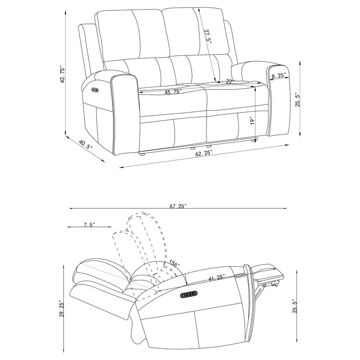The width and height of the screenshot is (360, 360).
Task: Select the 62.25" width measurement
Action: coord(204,153)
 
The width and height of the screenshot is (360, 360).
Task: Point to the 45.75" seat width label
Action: coord(173,92)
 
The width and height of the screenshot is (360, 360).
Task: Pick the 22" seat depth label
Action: coord(230,81)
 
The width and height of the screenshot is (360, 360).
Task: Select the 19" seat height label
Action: coord(252,121)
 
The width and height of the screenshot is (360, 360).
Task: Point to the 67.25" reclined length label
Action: coord(178,206)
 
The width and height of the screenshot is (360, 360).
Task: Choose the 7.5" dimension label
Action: coord(89,224)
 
